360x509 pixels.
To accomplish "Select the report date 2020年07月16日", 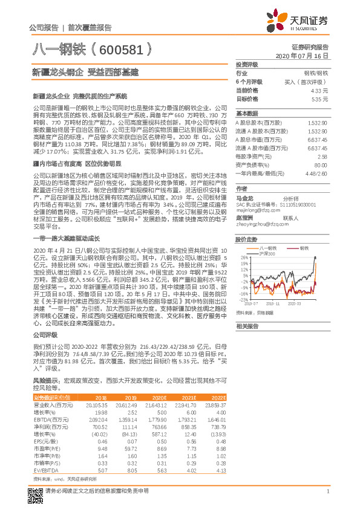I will tap(301, 55).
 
